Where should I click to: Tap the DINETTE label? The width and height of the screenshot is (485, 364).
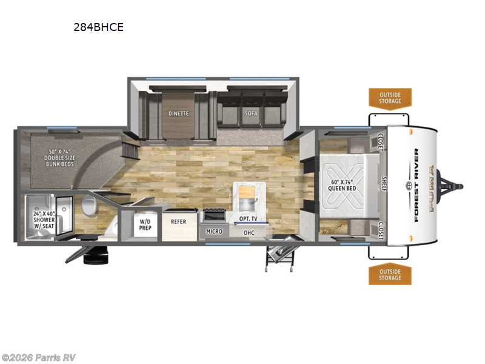(178, 113)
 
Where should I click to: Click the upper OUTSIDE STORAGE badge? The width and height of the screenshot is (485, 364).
(390, 97)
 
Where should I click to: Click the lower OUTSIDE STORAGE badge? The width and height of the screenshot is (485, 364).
(390, 275)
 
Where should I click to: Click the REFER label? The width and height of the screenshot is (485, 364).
(178, 222)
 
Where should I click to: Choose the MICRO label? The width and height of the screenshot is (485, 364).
(214, 232)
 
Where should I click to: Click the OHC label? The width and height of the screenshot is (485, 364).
(249, 232)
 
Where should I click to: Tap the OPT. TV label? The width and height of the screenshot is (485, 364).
(249, 218)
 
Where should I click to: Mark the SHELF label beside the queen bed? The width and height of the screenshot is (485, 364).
(383, 184)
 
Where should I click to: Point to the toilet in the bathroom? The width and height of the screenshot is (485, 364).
(90, 208)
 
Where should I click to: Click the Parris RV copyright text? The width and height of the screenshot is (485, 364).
(39, 357)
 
